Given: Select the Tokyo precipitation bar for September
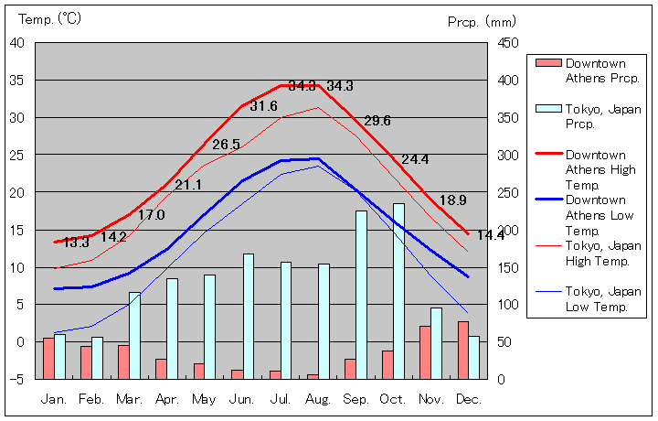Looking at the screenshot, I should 361,295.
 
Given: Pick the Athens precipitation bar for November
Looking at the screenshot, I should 425,352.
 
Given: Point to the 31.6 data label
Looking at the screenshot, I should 263,106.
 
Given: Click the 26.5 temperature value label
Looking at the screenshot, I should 226,145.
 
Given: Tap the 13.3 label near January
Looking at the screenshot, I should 76,243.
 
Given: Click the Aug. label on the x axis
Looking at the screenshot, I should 318,399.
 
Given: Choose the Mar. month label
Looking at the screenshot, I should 129,399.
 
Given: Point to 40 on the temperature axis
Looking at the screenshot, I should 18,42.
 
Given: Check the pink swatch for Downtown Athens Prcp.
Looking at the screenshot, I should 547,63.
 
